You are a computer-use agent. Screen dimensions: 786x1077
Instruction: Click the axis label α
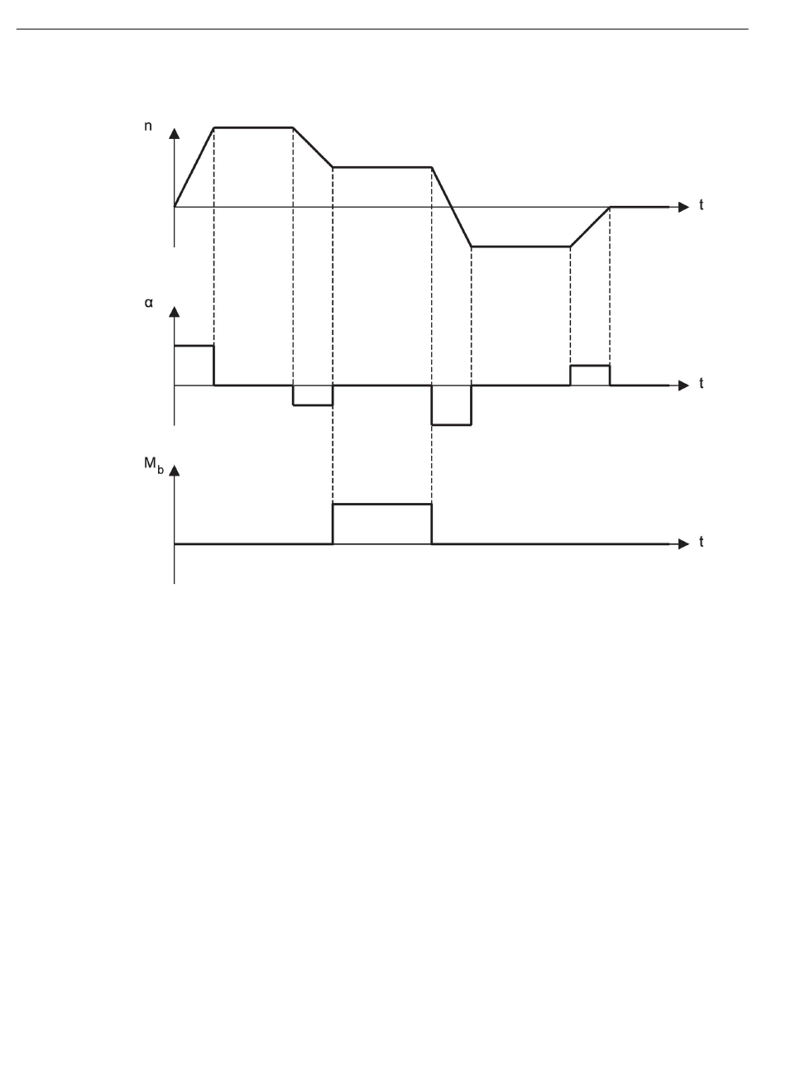coord(149,303)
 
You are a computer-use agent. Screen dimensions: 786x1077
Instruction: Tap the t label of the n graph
coord(702,206)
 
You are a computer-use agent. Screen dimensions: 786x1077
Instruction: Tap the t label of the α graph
coord(702,385)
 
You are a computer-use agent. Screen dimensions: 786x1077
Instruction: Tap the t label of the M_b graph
coord(702,543)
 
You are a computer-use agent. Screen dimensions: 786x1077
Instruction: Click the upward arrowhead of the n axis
coord(175,133)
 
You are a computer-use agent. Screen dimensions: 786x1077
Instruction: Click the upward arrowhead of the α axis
coord(175,311)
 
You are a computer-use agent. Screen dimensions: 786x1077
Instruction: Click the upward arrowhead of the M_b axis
coord(175,471)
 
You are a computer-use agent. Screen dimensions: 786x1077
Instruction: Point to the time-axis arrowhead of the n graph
coord(683,207)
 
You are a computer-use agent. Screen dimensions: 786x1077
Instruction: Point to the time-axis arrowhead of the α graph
coord(683,385)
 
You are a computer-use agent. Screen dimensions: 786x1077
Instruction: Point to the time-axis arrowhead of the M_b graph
coord(683,543)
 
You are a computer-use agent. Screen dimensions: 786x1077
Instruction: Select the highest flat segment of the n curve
coord(253,127)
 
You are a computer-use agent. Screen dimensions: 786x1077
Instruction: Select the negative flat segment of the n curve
coord(520,247)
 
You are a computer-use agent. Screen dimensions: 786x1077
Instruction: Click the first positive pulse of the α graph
coord(194,346)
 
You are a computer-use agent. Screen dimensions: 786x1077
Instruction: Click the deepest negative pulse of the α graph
coord(452,424)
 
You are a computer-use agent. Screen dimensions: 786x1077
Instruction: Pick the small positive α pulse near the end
coord(590,365)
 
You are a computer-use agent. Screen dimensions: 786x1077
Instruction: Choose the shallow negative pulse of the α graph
coord(313,404)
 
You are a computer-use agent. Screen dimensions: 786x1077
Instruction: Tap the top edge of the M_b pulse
coord(382,504)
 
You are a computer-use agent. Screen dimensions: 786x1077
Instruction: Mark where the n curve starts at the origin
coord(175,206)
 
